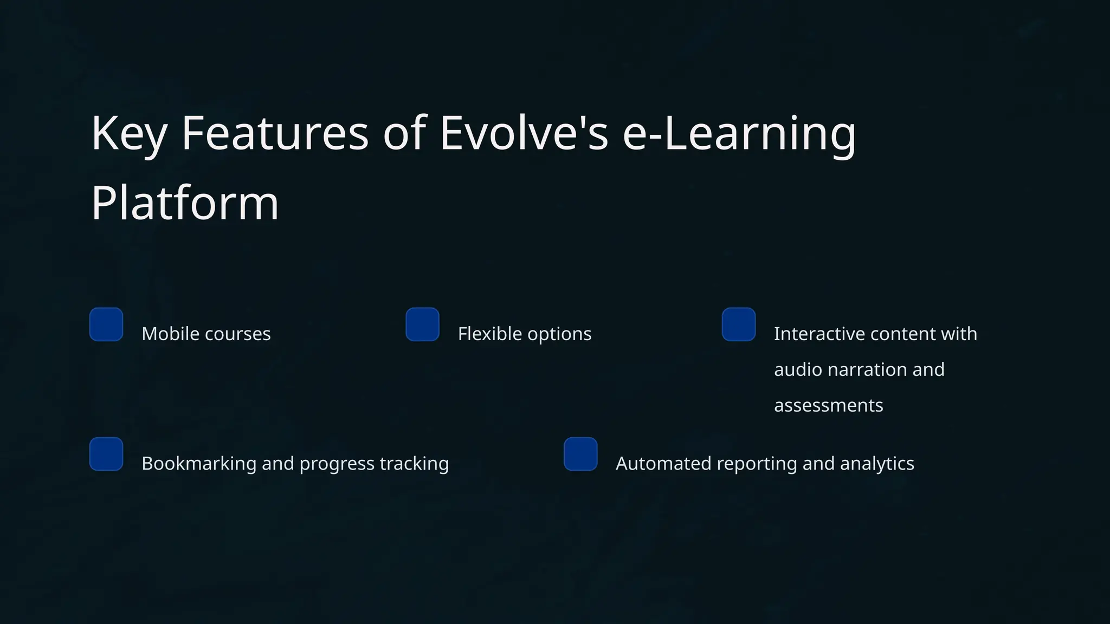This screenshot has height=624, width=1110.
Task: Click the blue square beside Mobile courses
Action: pos(106,324)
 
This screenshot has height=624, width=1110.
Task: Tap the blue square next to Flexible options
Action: pos(422,324)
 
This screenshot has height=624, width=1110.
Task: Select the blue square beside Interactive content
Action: pos(739,324)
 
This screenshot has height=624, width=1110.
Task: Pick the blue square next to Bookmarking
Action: pos(106,454)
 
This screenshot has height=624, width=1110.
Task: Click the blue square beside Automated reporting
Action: pos(580,454)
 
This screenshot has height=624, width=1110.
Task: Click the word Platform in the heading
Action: pos(185,203)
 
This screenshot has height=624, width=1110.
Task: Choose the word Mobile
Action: pos(171,334)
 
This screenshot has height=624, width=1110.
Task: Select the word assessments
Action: pos(828,405)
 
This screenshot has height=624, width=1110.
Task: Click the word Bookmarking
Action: pos(199,464)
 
